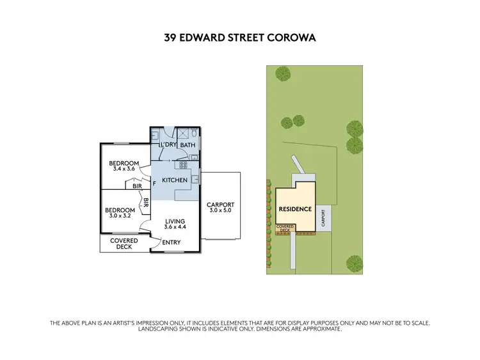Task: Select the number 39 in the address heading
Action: (x=171, y=38)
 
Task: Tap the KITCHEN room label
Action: (x=175, y=180)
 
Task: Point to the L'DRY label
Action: (x=168, y=145)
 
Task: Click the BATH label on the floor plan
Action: (x=188, y=145)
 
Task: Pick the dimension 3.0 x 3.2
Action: (x=120, y=215)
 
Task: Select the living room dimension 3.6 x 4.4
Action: (x=175, y=227)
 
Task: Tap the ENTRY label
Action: (x=172, y=242)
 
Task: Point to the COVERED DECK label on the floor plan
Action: (x=124, y=244)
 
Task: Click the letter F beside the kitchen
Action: (x=154, y=184)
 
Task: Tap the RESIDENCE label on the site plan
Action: (x=295, y=209)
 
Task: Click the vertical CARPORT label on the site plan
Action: (x=324, y=218)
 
